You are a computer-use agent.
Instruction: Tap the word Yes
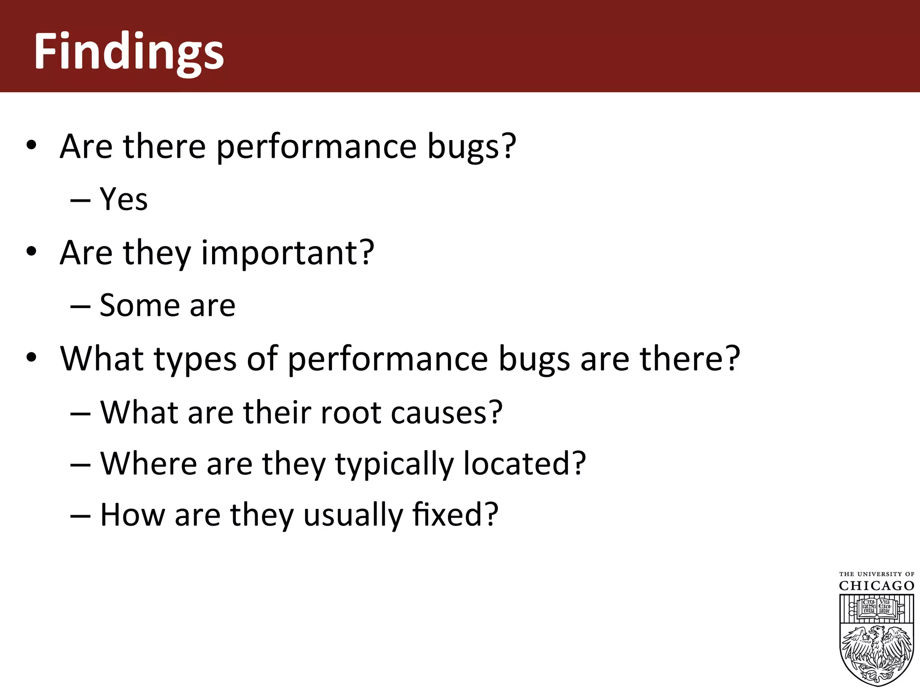click(124, 199)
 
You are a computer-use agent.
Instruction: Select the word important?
click(287, 253)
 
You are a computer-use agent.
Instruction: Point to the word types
click(195, 359)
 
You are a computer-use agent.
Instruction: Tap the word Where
click(148, 464)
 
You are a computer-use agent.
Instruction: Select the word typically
click(394, 464)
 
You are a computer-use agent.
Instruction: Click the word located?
click(524, 464)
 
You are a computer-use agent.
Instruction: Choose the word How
click(133, 515)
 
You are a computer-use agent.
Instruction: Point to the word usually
click(353, 516)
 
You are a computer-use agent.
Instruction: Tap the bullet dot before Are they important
click(31, 252)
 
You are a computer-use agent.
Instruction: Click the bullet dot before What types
click(31, 358)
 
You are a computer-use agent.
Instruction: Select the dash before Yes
click(80, 200)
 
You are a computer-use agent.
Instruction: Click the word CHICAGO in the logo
click(876, 586)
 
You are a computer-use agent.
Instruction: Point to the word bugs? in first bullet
click(471, 147)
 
